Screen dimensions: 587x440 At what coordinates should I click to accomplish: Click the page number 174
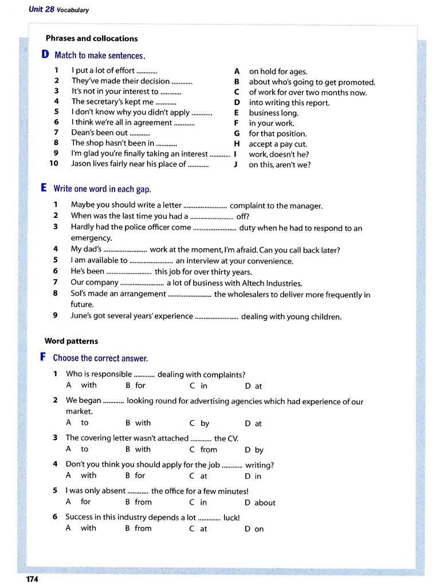click(x=32, y=579)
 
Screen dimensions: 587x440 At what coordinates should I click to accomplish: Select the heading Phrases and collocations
click(x=92, y=38)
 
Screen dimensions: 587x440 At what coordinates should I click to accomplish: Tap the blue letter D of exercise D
click(x=45, y=55)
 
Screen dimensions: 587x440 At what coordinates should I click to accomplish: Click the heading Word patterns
click(x=71, y=341)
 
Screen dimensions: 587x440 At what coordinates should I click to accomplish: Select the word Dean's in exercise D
click(x=82, y=133)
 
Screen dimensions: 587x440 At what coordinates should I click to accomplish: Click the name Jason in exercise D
click(x=82, y=164)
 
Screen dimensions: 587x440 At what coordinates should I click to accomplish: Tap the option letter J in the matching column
click(x=235, y=165)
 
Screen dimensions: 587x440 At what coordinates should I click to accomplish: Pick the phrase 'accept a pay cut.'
click(x=278, y=144)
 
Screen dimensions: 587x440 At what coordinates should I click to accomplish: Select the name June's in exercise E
click(x=82, y=316)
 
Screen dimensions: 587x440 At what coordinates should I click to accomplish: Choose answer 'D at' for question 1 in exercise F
click(x=253, y=386)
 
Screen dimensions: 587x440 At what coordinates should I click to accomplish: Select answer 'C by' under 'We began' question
click(x=200, y=424)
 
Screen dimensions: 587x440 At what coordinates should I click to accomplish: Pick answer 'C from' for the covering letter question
click(x=204, y=449)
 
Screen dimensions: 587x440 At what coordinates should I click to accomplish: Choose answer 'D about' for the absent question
click(x=260, y=503)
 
